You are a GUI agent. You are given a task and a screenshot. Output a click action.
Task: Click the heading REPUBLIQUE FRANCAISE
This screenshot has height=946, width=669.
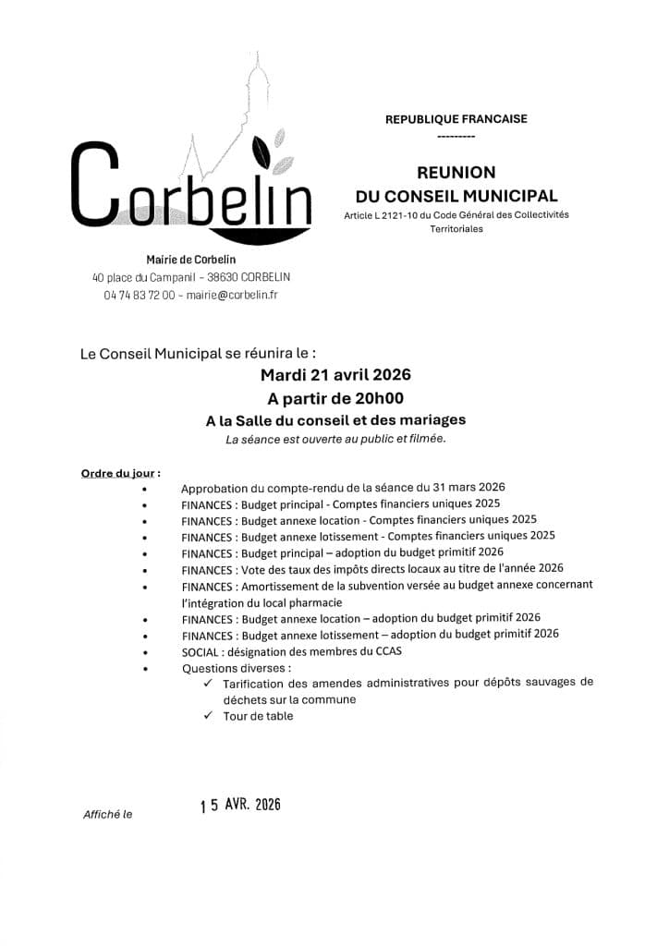pyautogui.click(x=456, y=118)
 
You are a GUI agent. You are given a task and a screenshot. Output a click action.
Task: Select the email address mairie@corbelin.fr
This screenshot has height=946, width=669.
pyautogui.click(x=232, y=294)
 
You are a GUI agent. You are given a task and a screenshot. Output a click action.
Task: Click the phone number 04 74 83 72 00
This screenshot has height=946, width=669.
pyautogui.click(x=139, y=294)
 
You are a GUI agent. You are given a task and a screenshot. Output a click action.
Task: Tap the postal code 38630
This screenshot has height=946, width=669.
pyautogui.click(x=223, y=277)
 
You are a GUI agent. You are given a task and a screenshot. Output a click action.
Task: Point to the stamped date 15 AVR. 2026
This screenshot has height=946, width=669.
pyautogui.click(x=239, y=805)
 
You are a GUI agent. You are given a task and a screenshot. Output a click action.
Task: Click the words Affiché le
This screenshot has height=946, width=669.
pyautogui.click(x=107, y=815)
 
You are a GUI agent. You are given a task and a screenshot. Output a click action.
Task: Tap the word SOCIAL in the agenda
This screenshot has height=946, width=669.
pyautogui.click(x=201, y=651)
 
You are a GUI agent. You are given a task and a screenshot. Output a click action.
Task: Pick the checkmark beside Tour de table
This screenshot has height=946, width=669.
pyautogui.click(x=208, y=716)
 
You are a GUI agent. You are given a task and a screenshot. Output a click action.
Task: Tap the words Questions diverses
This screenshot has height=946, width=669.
pyautogui.click(x=235, y=668)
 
